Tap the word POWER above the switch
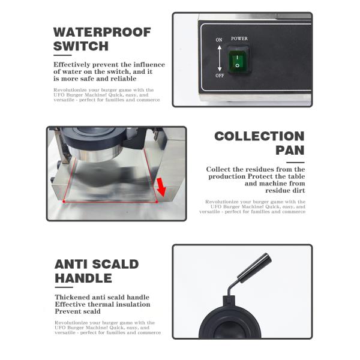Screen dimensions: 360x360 click(239, 38)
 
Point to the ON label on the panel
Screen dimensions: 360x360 click(219, 40)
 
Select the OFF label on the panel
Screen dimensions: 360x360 click(220, 76)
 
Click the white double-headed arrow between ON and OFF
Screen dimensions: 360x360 click(220, 58)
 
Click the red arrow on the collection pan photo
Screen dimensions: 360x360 click(161, 187)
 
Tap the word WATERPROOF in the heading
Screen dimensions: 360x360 click(102, 32)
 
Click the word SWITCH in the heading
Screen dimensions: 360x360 click(81, 46)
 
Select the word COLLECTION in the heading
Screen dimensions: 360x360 click(259, 136)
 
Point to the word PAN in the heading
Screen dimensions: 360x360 click(290, 151)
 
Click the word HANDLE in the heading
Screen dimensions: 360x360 click(83, 278)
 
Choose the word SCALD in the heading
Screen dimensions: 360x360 click(115, 264)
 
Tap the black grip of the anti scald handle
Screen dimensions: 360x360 click(254, 268)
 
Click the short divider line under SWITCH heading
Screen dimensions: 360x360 click(62, 55)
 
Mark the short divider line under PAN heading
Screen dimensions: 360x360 click(295, 163)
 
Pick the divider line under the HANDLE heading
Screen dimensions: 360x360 click(64, 287)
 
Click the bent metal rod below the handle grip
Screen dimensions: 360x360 click(232, 289)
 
